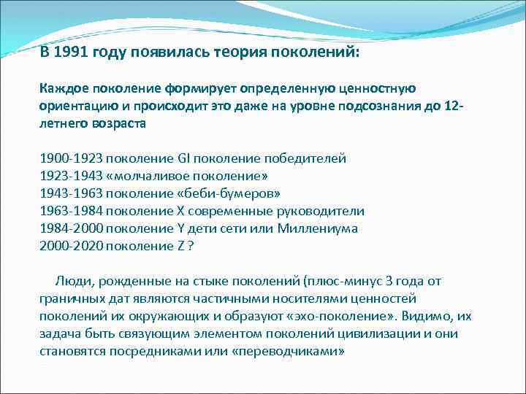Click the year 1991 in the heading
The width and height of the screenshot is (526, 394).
point(72,53)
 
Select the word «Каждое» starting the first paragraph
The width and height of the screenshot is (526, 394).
point(63,88)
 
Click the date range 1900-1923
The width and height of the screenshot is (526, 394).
point(71,158)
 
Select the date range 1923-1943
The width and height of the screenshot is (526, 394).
point(71,176)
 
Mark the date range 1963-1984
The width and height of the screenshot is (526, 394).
point(71,212)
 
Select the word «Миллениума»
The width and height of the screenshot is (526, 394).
point(316,229)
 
